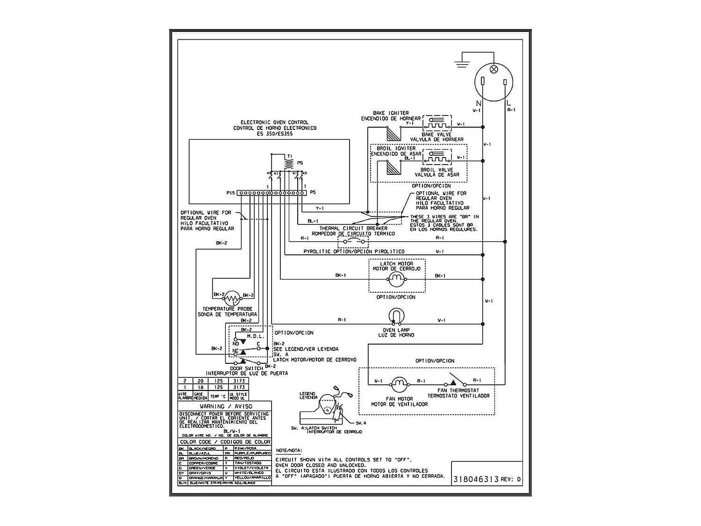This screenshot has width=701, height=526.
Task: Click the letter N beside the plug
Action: (x=478, y=103)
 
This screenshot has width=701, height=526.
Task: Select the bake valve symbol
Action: (x=437, y=123)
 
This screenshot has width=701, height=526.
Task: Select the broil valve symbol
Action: (x=437, y=158)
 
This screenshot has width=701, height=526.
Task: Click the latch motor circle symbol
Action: (x=396, y=280)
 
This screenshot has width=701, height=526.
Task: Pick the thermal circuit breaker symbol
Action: (x=353, y=242)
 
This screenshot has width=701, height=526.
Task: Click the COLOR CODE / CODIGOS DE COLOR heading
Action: (x=225, y=442)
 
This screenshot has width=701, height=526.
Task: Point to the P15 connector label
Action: (x=230, y=193)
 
